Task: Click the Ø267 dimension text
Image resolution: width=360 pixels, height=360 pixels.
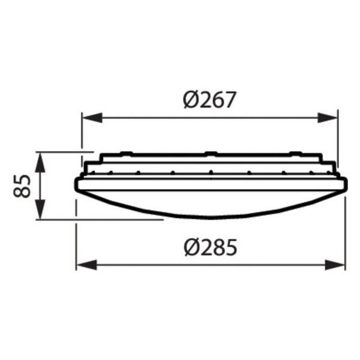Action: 209,99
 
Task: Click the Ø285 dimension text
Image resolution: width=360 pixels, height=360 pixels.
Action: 209,246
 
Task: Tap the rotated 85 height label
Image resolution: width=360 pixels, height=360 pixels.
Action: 22,186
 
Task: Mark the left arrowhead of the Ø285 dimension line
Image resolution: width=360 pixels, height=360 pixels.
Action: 82,264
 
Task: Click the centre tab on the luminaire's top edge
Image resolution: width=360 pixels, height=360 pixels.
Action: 210,152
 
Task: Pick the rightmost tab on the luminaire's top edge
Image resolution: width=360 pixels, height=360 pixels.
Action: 295,152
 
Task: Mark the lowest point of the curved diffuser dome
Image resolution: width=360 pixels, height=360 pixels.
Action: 210,219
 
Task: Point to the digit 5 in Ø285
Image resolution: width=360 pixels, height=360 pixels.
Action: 229,246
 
